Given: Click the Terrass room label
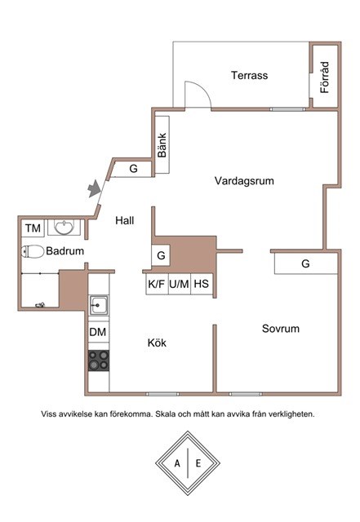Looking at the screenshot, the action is coord(249,75).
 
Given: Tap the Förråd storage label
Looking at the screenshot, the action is coord(325,77).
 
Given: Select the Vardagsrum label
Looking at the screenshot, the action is coord(244,181).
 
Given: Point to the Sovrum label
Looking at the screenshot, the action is coord(281,329).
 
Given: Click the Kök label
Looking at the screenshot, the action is coord(157,343).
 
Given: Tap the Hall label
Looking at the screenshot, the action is coord(125,220).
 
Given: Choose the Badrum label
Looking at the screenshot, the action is coord(65,250).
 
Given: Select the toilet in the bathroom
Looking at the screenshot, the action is coord(33,252).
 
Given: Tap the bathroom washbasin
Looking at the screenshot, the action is coord(64,227).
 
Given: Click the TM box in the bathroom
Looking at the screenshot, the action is coord(33,228).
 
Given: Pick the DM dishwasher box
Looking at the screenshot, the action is coord(98,332).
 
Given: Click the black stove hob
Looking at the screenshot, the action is coord(99,361).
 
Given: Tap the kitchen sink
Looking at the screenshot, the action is coord(98,304).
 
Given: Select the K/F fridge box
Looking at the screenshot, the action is coord(157,284).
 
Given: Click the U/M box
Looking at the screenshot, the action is coord(179,284).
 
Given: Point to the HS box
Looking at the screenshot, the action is coord(202,284).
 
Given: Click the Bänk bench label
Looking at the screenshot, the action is coord(162,145).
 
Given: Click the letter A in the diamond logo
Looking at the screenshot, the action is coord(177,463).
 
